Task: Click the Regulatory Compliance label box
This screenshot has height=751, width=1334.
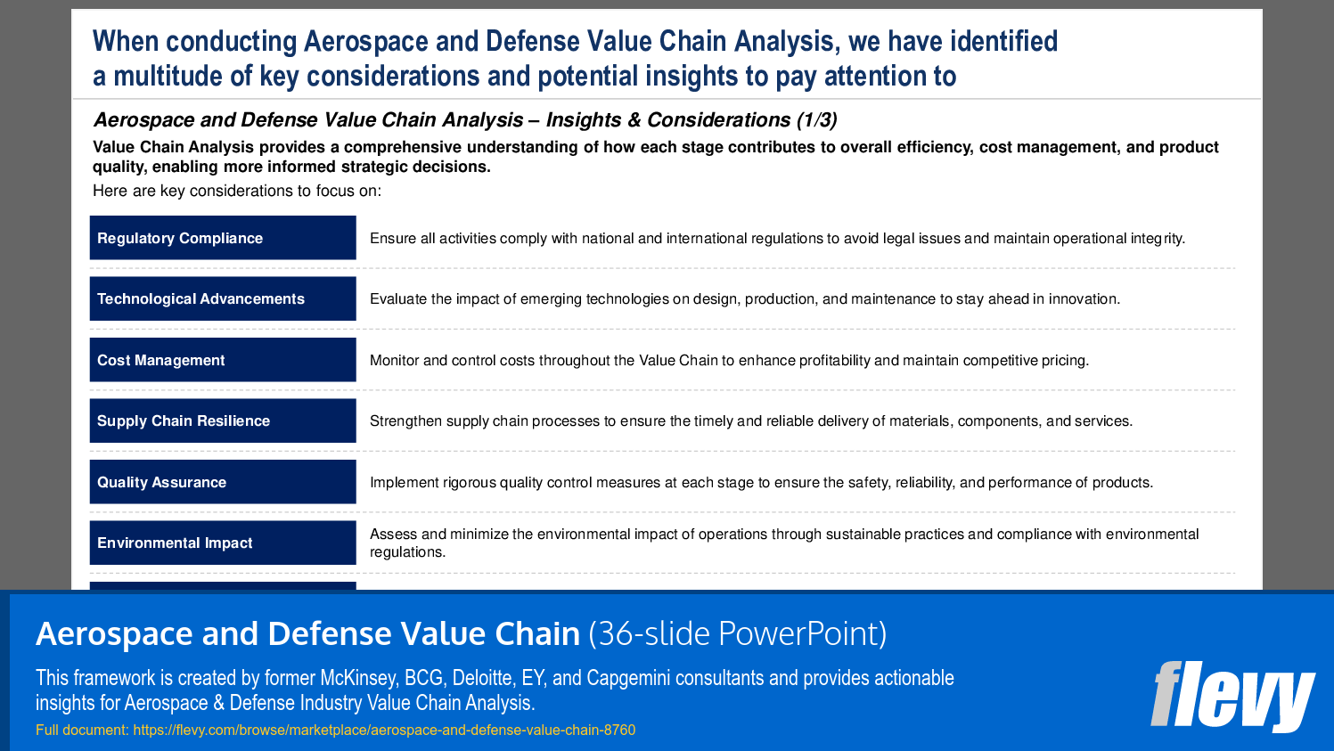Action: (x=223, y=238)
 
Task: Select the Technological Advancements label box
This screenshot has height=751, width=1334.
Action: (x=223, y=298)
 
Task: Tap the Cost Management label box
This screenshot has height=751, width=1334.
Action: (x=223, y=360)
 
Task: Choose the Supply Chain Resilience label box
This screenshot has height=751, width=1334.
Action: (x=223, y=420)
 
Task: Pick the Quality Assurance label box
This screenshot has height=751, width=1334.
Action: (x=223, y=482)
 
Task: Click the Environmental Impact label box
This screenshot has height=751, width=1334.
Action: (x=223, y=543)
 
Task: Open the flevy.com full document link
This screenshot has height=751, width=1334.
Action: (x=384, y=731)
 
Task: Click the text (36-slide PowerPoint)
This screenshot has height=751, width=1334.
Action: (x=737, y=634)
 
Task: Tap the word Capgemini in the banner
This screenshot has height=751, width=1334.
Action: (x=628, y=679)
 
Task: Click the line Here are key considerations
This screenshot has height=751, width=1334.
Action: (x=237, y=191)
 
